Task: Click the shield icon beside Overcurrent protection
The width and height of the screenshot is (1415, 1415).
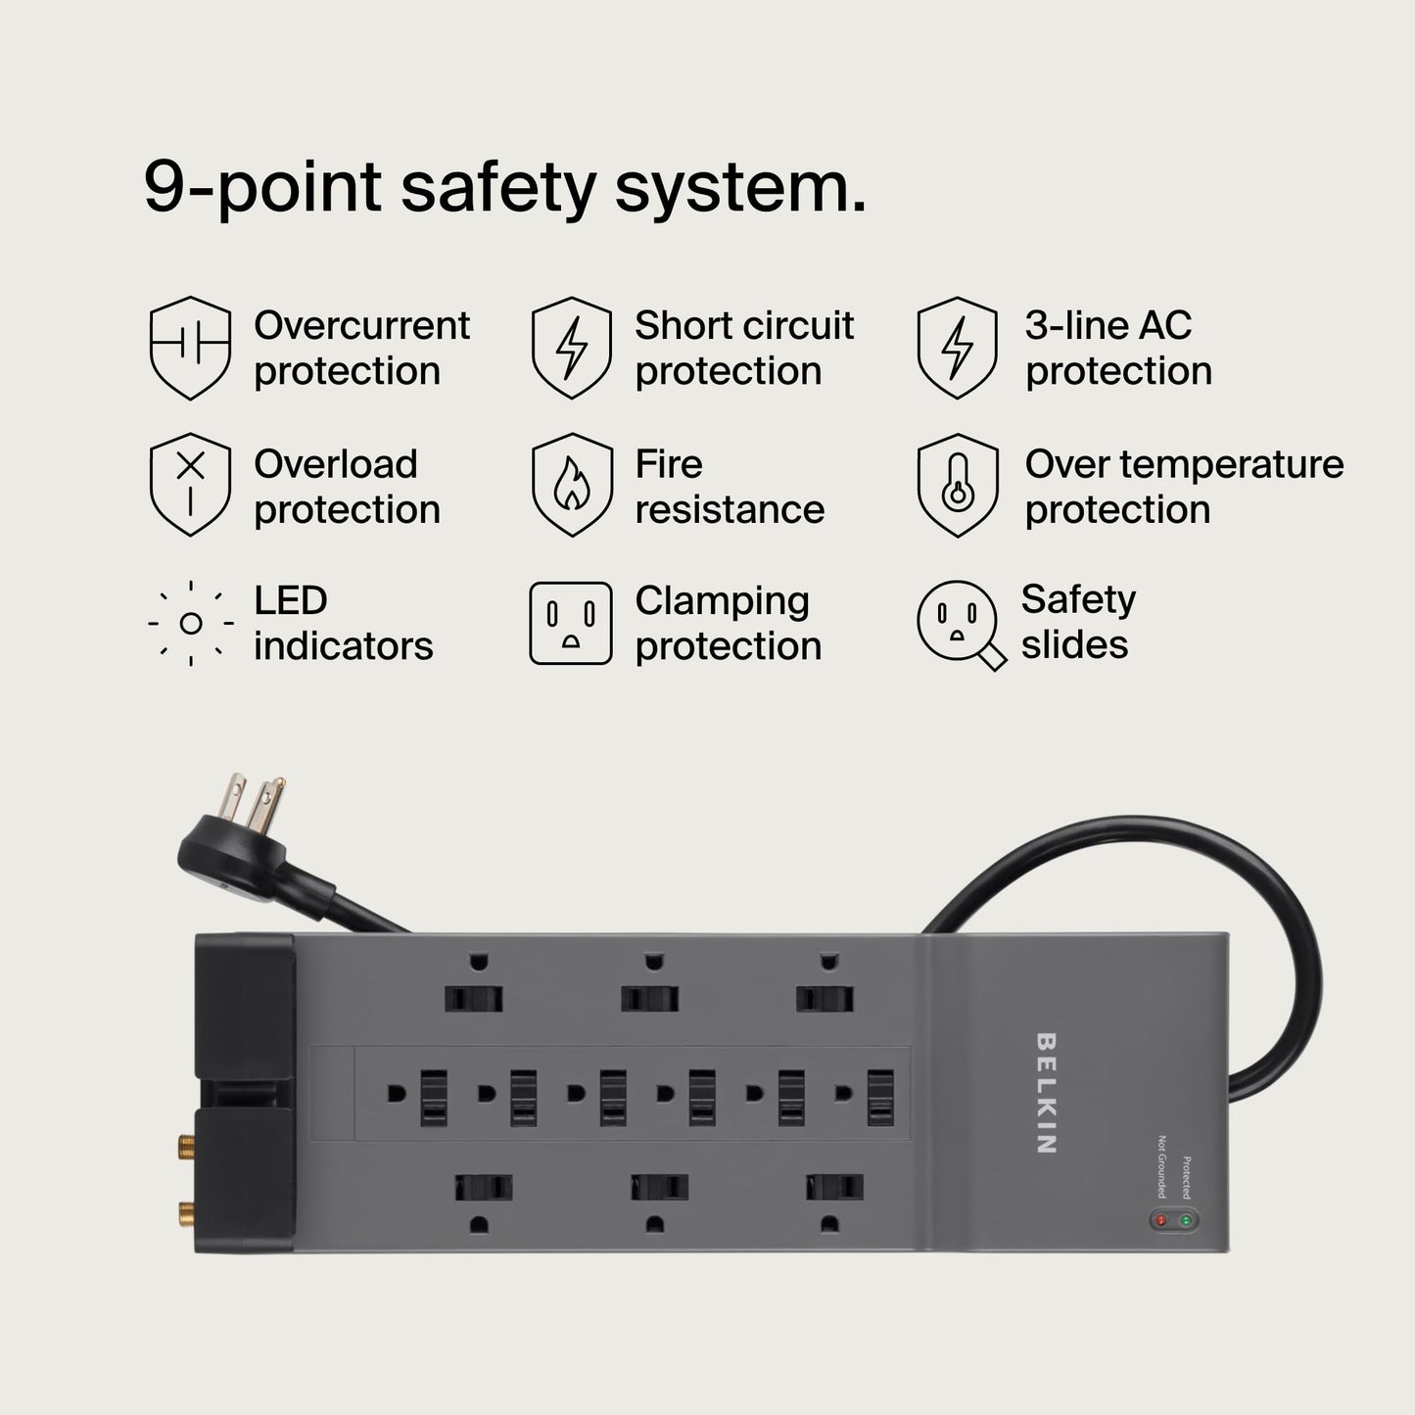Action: coord(190,348)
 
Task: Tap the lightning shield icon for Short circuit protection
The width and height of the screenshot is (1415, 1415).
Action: coord(572,348)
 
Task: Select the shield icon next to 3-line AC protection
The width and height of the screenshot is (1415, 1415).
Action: coord(957,348)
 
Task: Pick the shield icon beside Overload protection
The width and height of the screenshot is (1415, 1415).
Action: coord(190,485)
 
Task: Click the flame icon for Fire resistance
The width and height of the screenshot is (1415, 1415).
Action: coord(572,485)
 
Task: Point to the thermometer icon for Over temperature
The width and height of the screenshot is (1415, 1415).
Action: coord(957,485)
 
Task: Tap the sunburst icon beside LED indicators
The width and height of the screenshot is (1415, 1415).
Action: coord(191,623)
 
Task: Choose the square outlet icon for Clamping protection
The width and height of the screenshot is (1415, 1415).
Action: coord(571,623)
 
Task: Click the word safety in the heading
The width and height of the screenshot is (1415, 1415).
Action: coord(497,186)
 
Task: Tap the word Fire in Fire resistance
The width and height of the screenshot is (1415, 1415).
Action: coord(669,464)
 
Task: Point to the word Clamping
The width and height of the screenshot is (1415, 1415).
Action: coord(722,601)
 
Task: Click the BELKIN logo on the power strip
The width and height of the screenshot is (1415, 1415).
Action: coord(1045,1093)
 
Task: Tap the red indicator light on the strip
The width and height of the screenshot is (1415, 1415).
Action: coord(1161,1221)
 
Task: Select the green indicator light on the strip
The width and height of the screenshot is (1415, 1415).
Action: coord(1186,1221)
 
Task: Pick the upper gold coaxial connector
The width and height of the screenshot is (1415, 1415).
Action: coord(183,1142)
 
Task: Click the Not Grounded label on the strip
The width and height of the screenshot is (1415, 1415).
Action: coord(1162,1166)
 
